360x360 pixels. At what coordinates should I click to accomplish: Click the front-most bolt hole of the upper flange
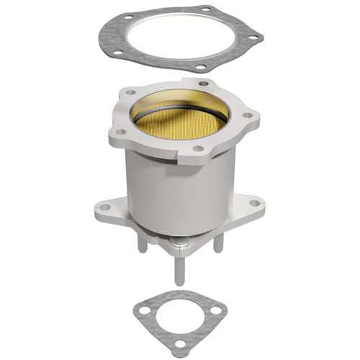[197, 149]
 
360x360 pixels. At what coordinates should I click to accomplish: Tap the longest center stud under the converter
[177, 270]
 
